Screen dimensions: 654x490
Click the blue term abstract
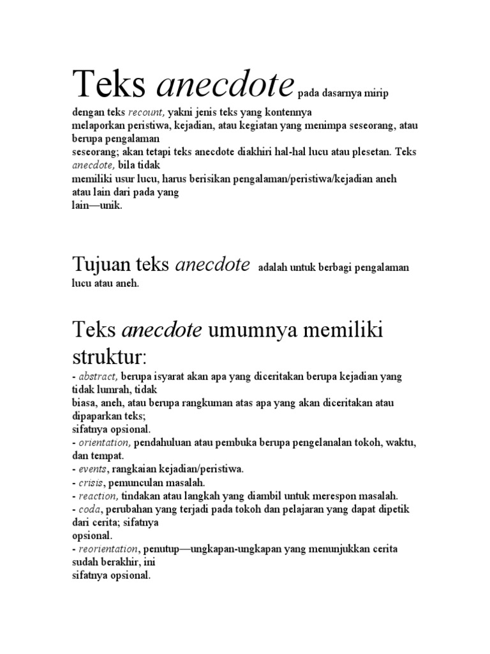click(96, 377)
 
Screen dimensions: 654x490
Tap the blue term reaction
click(96, 496)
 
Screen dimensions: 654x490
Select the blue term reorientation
click(107, 549)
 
